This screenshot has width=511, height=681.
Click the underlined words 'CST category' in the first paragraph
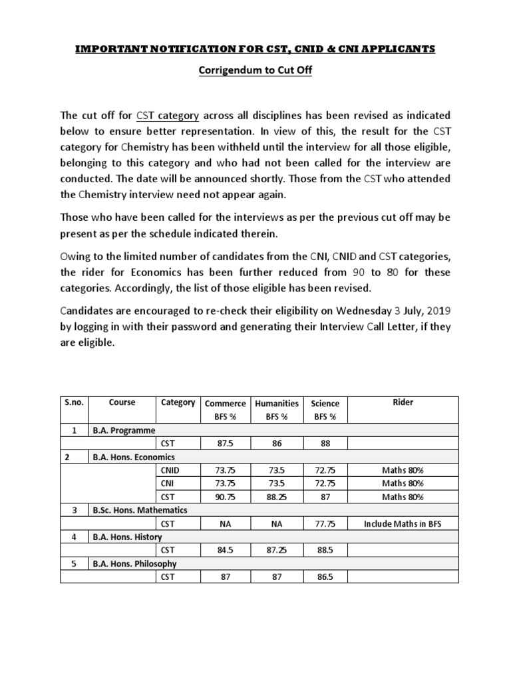coord(168,116)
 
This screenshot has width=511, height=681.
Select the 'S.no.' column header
coord(73,403)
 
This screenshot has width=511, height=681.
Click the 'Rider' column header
coord(403,403)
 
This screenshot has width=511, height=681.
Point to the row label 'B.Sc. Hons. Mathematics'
coord(140,510)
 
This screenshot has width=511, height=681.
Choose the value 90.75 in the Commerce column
coord(225,497)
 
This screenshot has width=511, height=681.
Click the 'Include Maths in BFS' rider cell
coord(403,523)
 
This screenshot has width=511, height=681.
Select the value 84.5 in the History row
coord(225,550)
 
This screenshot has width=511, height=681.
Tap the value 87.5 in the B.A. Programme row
coord(225,444)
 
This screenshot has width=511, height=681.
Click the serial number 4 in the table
coord(73,537)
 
